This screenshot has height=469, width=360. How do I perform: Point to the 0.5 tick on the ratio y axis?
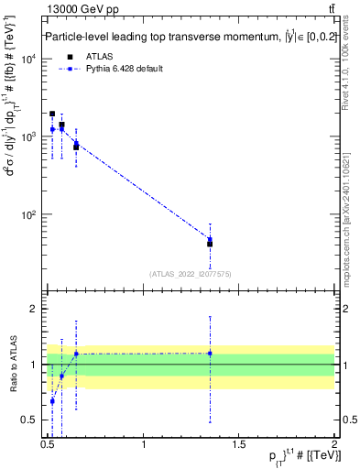[x=33, y=420]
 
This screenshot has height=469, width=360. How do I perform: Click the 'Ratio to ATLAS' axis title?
[x=12, y=365]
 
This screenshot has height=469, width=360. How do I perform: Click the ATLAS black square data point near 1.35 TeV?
[x=210, y=244]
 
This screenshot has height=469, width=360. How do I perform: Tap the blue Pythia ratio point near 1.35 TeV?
[x=210, y=354]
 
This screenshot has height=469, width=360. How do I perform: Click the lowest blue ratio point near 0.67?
[x=52, y=400]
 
